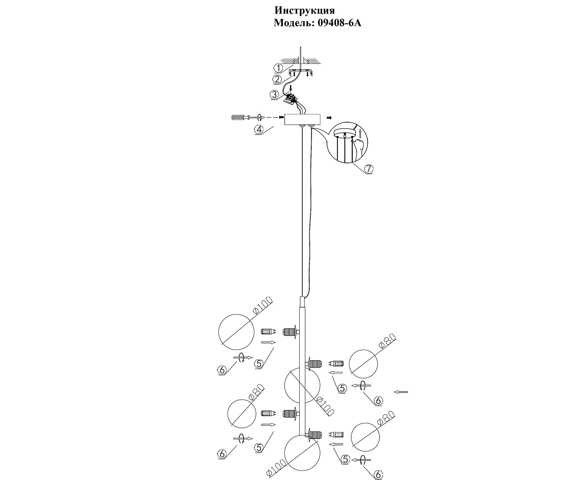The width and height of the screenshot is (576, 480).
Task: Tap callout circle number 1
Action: pos(279,68)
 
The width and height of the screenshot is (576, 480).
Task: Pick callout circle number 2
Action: pos(277,79)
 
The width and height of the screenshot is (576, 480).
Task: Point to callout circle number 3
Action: pos(275,94)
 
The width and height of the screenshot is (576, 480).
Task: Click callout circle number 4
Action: pos(259,130)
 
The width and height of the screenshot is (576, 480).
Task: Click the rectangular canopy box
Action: pos(302,120)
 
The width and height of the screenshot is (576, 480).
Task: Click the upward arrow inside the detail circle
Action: pos(360,133)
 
